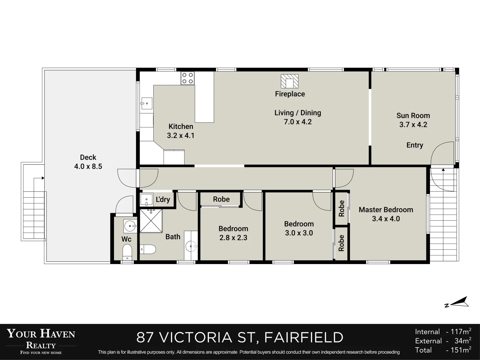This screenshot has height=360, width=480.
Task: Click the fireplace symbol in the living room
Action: tap(290, 81)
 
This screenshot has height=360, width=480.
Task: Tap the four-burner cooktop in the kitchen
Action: tap(187, 78)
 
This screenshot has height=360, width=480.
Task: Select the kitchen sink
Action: tap(147, 103)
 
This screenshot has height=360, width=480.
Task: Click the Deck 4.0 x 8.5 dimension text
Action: tap(88, 166)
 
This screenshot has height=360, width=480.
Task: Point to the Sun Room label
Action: tap(413, 115)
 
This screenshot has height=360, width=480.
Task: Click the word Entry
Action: tap(415, 145)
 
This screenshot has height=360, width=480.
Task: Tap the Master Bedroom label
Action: tap(386, 210)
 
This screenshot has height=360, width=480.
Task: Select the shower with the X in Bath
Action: tap(151, 221)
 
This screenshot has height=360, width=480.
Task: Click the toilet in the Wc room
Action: tap(127, 252)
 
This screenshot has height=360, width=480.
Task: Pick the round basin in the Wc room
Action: tap(130, 226)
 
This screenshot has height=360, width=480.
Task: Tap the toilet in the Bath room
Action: tap(148, 249)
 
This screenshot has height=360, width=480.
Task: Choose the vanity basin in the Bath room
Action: tap(191, 246)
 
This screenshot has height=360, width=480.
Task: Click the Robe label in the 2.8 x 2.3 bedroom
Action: tap(221, 199)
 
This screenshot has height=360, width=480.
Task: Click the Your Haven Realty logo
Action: tap(41, 341)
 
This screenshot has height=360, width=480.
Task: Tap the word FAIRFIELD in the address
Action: tap(304, 337)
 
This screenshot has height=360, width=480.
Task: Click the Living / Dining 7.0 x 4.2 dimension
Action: tap(298, 122)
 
